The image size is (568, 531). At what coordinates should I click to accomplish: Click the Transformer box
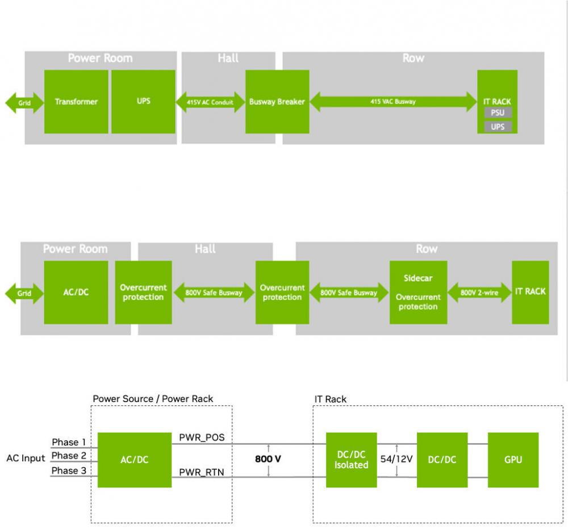point(76,102)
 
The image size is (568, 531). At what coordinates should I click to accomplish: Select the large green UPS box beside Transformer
point(143,102)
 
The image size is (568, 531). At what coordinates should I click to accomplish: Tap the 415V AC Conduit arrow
point(210,102)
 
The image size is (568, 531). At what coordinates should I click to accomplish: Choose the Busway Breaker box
point(277,102)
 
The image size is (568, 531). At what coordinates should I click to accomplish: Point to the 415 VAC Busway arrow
point(393,102)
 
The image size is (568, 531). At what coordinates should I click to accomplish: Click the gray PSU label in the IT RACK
point(498,113)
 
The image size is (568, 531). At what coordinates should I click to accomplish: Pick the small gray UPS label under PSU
point(498,127)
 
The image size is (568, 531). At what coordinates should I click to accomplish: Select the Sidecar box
point(418,292)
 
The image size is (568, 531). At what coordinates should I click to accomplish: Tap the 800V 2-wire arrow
point(479,292)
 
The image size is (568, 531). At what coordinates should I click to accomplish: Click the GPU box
point(513,460)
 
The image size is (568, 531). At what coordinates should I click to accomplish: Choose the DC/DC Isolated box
point(351,460)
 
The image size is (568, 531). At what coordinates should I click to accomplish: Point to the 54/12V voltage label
point(396,459)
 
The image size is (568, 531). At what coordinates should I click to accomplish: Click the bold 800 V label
point(269,459)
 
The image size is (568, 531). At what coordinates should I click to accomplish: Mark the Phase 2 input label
point(69,455)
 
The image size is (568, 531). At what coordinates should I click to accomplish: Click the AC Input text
point(26,458)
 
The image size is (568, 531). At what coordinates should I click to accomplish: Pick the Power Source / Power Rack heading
point(153,399)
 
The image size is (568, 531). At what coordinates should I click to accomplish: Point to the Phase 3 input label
point(69,470)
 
